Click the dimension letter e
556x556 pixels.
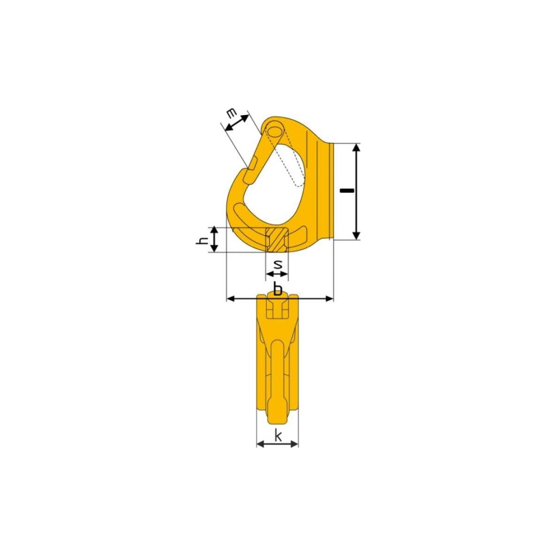231,114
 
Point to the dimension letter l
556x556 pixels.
347,191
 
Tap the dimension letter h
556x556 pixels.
202,241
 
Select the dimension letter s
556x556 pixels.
278,264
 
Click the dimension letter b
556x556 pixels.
278,289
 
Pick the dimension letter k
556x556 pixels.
278,435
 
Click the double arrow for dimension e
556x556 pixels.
236,123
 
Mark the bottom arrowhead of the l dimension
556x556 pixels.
357,235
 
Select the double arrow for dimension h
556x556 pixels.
214,240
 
